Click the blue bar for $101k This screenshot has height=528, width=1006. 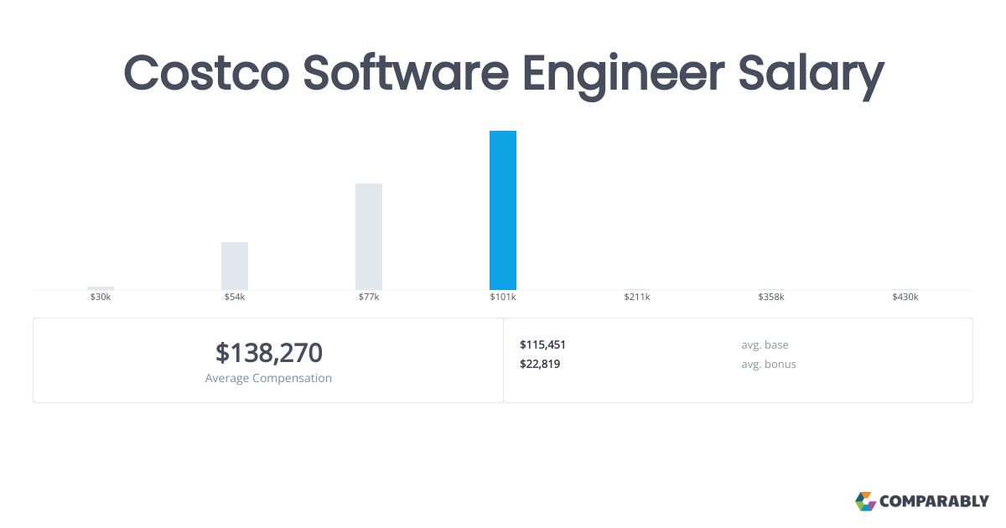pos(502,210)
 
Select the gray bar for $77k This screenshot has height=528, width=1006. pos(369,236)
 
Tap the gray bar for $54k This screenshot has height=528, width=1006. pos(235,266)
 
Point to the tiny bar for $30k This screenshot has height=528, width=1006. pos(101,288)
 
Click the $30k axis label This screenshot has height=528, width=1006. pos(101,297)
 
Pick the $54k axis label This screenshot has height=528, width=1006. pos(235,297)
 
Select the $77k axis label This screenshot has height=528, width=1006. pos(369,297)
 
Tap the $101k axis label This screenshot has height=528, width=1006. pos(502,297)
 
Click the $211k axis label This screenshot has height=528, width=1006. pos(637,297)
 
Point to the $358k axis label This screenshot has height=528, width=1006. pos(771,297)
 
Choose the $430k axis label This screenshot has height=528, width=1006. pos(905,297)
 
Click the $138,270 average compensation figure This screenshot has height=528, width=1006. pos(268,353)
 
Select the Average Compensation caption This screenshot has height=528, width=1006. pos(268,378)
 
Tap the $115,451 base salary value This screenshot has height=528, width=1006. pos(542,344)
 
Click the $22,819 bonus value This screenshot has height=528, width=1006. pos(540,364)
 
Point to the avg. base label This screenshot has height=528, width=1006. pos(765,344)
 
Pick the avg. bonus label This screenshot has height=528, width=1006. pos(769,364)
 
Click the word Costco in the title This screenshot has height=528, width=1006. pos(206,73)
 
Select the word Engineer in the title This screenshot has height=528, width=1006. pos(624,75)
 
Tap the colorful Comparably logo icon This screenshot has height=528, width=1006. pos(865,501)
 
